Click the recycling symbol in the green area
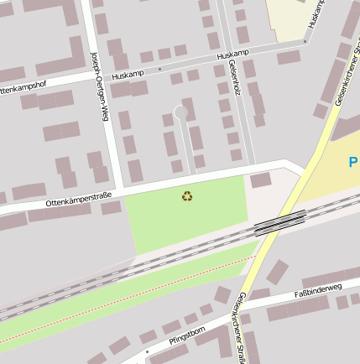point(186,196)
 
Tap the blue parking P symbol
point(353,161)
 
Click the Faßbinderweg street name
point(318,291)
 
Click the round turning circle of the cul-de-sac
point(181,112)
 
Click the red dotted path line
point(126,302)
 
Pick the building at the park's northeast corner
point(261,179)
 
